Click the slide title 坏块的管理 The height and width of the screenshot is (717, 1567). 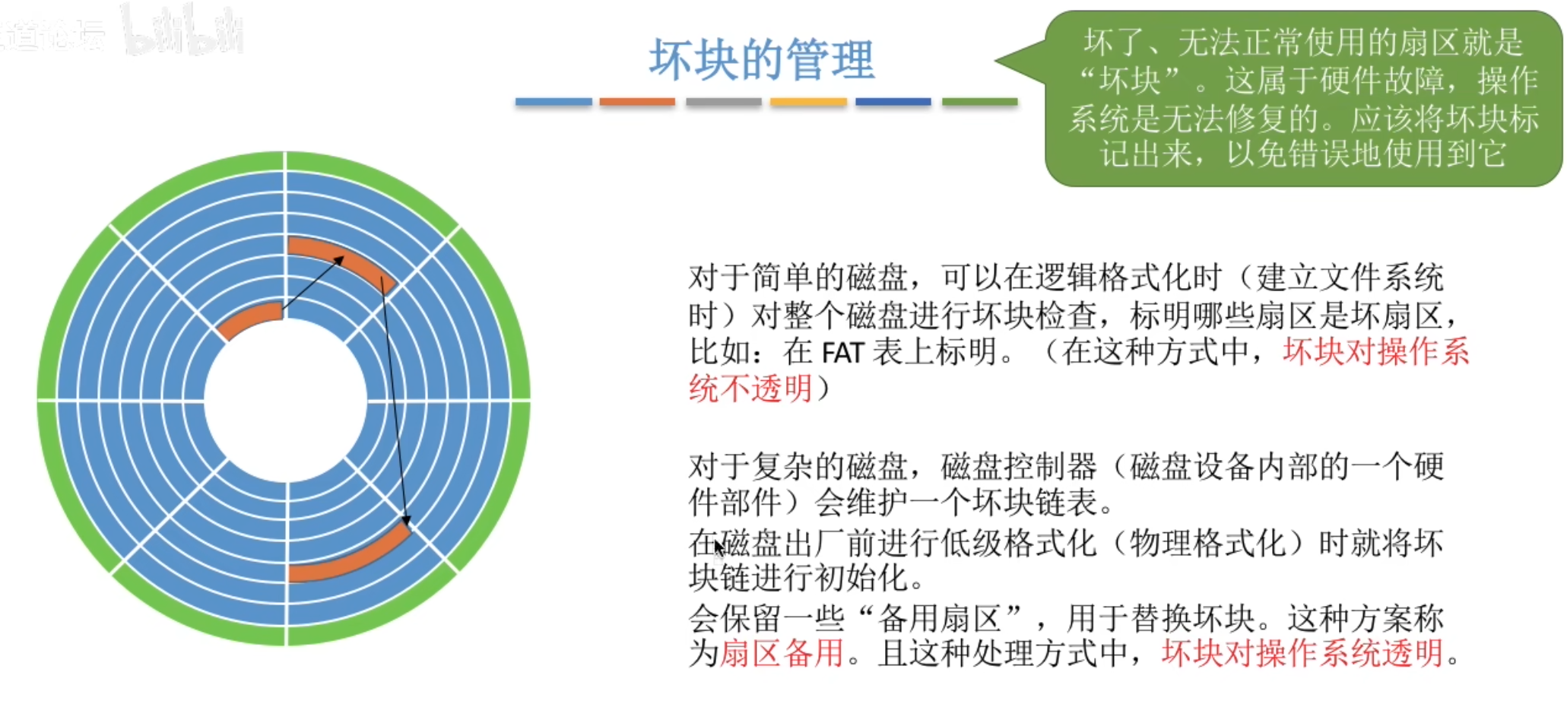tap(761, 59)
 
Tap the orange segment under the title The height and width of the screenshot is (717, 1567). tap(636, 102)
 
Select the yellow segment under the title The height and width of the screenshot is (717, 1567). tap(808, 102)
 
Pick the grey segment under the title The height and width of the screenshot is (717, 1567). tap(723, 102)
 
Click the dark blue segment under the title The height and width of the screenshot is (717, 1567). tap(893, 102)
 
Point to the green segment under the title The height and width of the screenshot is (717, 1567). tap(979, 102)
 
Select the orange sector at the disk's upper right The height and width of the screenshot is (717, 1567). tap(342, 260)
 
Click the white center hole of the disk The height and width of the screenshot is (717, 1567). tap(286, 398)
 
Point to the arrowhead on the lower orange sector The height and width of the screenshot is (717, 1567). tap(407, 522)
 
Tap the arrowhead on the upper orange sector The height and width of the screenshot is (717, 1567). tap(338, 260)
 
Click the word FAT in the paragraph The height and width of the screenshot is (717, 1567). tap(842, 352)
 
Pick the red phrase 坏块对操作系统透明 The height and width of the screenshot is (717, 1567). tap(1302, 653)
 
